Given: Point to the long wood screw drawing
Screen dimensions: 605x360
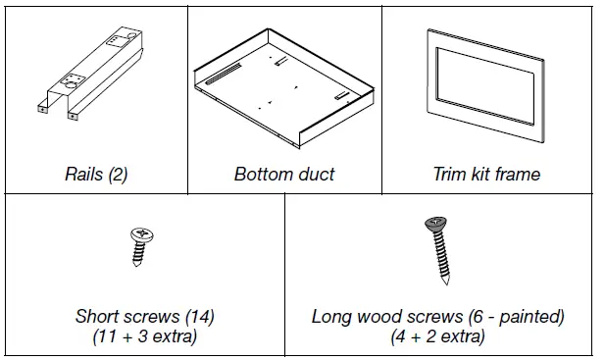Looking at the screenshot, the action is point(439,250).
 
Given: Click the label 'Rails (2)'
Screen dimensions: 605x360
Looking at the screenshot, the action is point(96,175).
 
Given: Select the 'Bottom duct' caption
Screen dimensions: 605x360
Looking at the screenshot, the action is point(284,175).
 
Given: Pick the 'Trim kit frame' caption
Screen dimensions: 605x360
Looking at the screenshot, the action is point(486,175).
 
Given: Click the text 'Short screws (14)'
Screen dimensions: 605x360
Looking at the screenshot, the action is point(144,317).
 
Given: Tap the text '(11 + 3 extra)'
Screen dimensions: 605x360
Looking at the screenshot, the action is point(145,337).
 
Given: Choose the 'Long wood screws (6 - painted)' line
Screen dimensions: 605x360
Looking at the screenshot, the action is point(437,317).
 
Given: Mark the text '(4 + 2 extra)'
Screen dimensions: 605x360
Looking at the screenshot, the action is point(437,337).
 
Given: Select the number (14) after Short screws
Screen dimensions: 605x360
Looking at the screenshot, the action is point(199,317).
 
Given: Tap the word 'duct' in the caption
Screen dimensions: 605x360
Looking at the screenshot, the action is point(316,175).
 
